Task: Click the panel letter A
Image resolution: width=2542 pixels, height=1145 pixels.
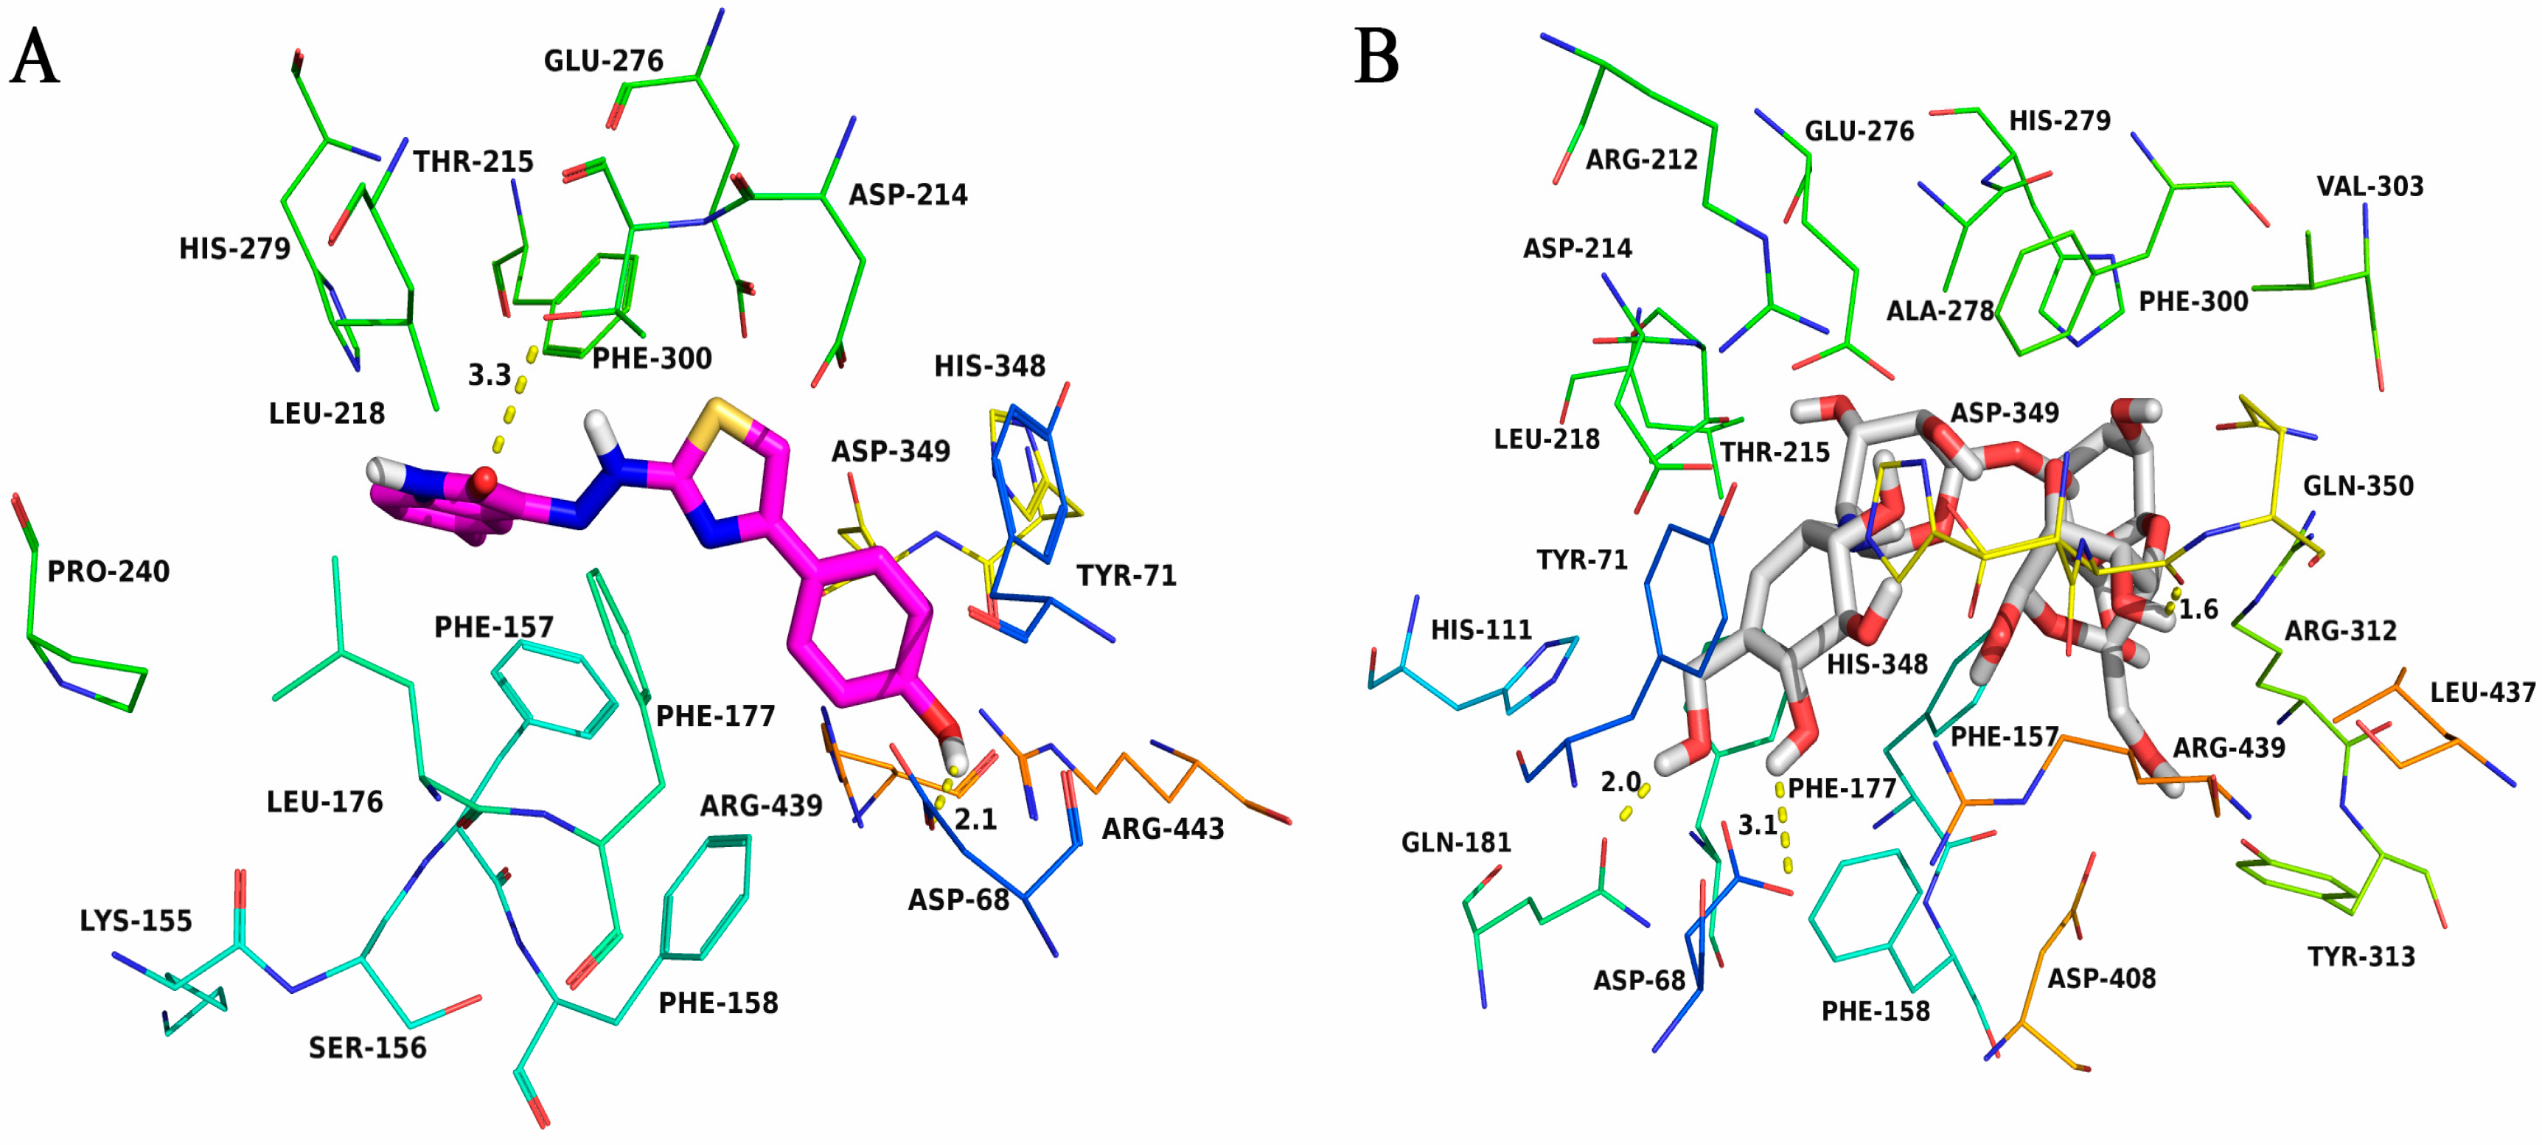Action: click(x=35, y=58)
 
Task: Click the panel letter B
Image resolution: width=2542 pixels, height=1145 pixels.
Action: click(x=1376, y=58)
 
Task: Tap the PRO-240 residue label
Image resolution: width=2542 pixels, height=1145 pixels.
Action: click(x=108, y=571)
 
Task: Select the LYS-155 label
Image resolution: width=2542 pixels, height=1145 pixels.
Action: click(x=136, y=921)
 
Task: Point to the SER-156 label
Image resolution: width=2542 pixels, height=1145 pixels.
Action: click(x=367, y=1048)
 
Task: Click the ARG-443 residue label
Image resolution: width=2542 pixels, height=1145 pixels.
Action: click(x=1163, y=829)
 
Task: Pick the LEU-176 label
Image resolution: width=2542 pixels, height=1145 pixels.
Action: click(x=324, y=801)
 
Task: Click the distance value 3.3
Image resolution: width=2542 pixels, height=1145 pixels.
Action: click(x=490, y=375)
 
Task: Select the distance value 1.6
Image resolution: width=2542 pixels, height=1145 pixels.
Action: click(x=2198, y=610)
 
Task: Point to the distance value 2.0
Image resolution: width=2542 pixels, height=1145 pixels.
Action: click(x=1620, y=783)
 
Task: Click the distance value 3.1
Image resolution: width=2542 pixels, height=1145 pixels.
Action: click(x=1758, y=825)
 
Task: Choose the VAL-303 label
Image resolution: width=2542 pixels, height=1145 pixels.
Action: click(x=2369, y=186)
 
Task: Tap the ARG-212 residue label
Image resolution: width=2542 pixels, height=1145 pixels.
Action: click(x=1641, y=159)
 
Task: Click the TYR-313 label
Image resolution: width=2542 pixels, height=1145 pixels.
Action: click(x=2361, y=956)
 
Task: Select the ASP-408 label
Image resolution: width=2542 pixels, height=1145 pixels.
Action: click(x=2101, y=978)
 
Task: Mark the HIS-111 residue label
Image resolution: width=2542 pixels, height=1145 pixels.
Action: click(x=1481, y=630)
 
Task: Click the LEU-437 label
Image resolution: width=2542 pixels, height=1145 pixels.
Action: click(x=2483, y=693)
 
